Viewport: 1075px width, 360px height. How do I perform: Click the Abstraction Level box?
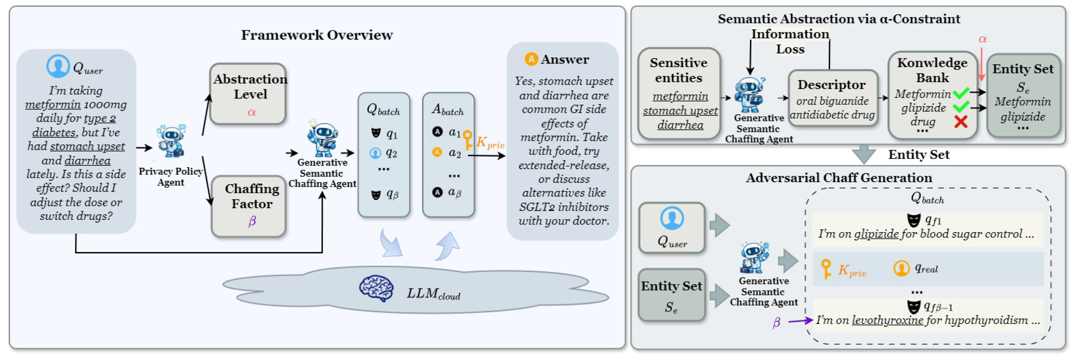[x=248, y=94]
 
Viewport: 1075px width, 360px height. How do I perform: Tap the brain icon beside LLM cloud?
[x=376, y=288]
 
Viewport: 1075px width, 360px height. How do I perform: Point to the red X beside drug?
[x=961, y=122]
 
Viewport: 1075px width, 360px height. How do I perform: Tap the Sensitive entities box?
[x=679, y=93]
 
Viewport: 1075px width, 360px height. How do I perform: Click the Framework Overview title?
[x=317, y=35]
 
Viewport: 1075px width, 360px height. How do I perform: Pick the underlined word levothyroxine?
[x=887, y=320]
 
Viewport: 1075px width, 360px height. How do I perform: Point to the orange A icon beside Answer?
[x=531, y=59]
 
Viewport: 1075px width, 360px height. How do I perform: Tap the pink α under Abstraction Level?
[x=252, y=112]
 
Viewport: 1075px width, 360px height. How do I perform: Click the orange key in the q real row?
[x=826, y=269]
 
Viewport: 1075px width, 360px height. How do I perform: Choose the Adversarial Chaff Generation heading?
[x=839, y=178]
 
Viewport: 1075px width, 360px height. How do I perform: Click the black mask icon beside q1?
[x=376, y=133]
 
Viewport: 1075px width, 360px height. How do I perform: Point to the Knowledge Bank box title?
[x=932, y=70]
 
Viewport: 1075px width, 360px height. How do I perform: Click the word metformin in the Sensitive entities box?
[x=680, y=96]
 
